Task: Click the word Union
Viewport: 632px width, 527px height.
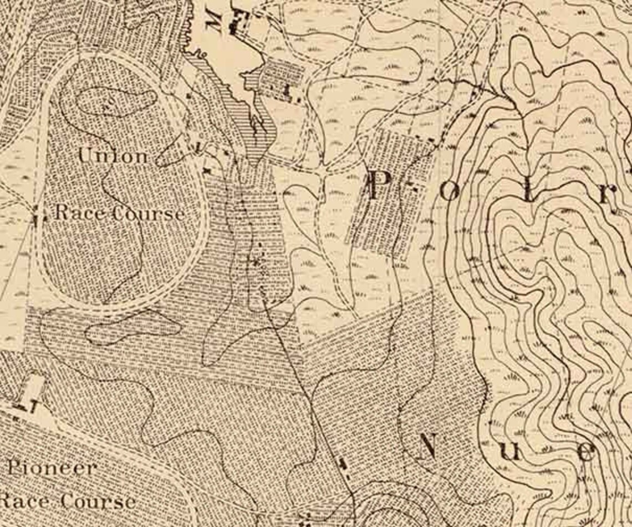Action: tap(113, 156)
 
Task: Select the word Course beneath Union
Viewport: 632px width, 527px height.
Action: tap(148, 214)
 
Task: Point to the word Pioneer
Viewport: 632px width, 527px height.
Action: tap(52, 468)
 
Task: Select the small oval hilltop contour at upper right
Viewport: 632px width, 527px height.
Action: tap(523, 77)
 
